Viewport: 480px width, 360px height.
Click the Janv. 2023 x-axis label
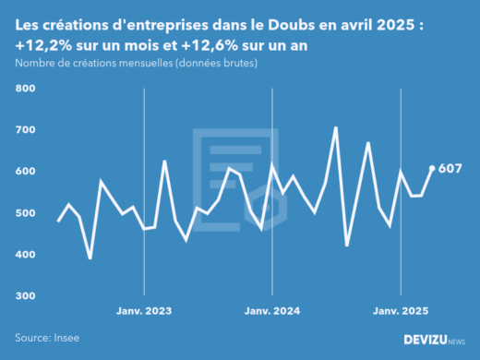pyautogui.click(x=144, y=310)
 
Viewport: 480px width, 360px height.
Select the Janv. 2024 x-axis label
pyautogui.click(x=272, y=310)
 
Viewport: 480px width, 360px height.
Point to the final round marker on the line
pyautogui.click(x=432, y=169)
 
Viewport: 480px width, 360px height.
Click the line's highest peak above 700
pyautogui.click(x=336, y=127)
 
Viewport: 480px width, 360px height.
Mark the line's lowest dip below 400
pyautogui.click(x=90, y=258)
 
